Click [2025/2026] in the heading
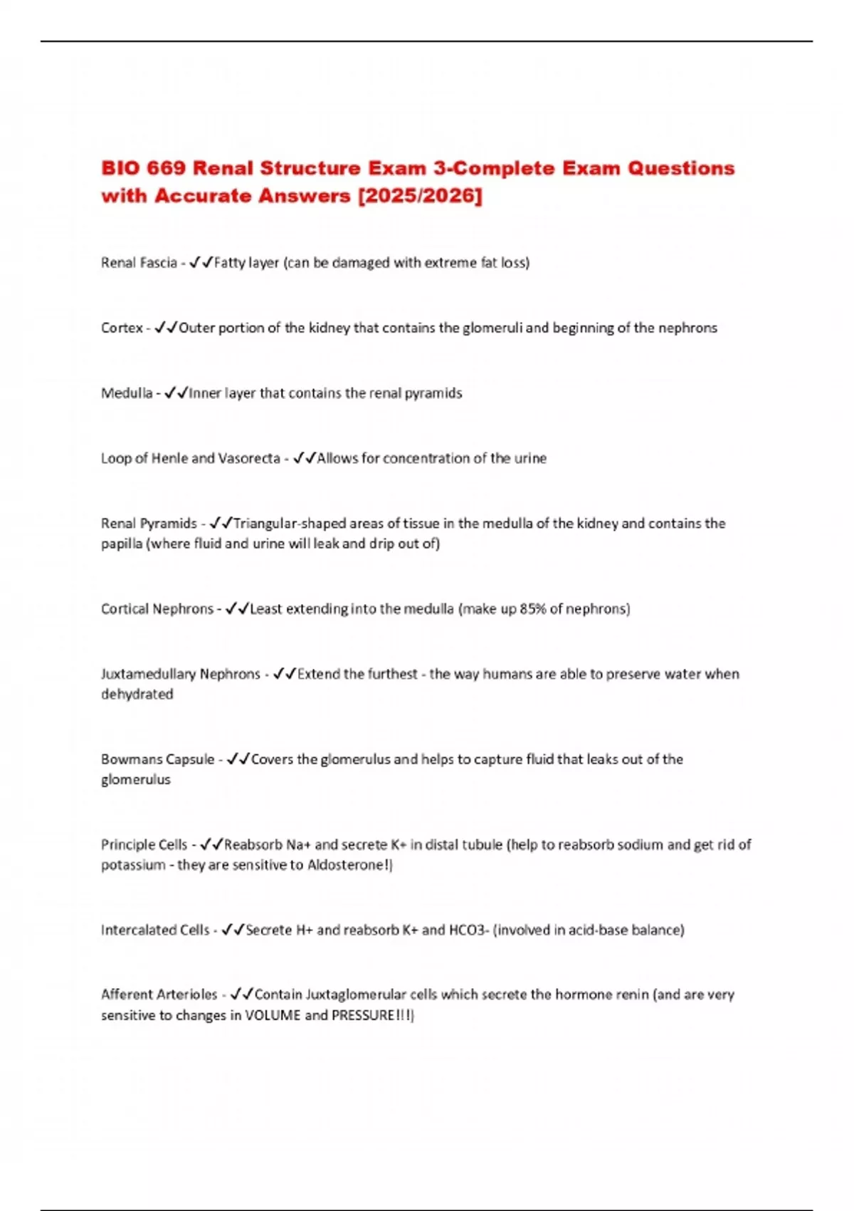click(x=420, y=196)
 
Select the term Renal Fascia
click(x=139, y=263)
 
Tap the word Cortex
click(x=122, y=328)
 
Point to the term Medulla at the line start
click(x=127, y=393)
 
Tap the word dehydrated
click(x=137, y=695)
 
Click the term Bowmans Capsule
click(x=157, y=759)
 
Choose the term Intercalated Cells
click(x=155, y=930)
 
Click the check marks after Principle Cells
click(x=211, y=845)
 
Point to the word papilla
click(x=121, y=544)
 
